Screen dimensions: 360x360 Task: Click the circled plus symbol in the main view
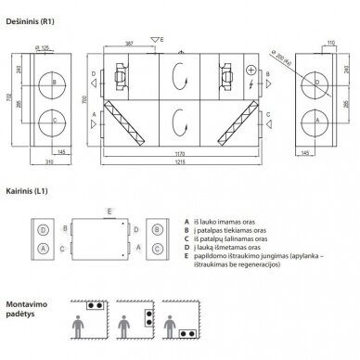(x=249, y=71)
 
